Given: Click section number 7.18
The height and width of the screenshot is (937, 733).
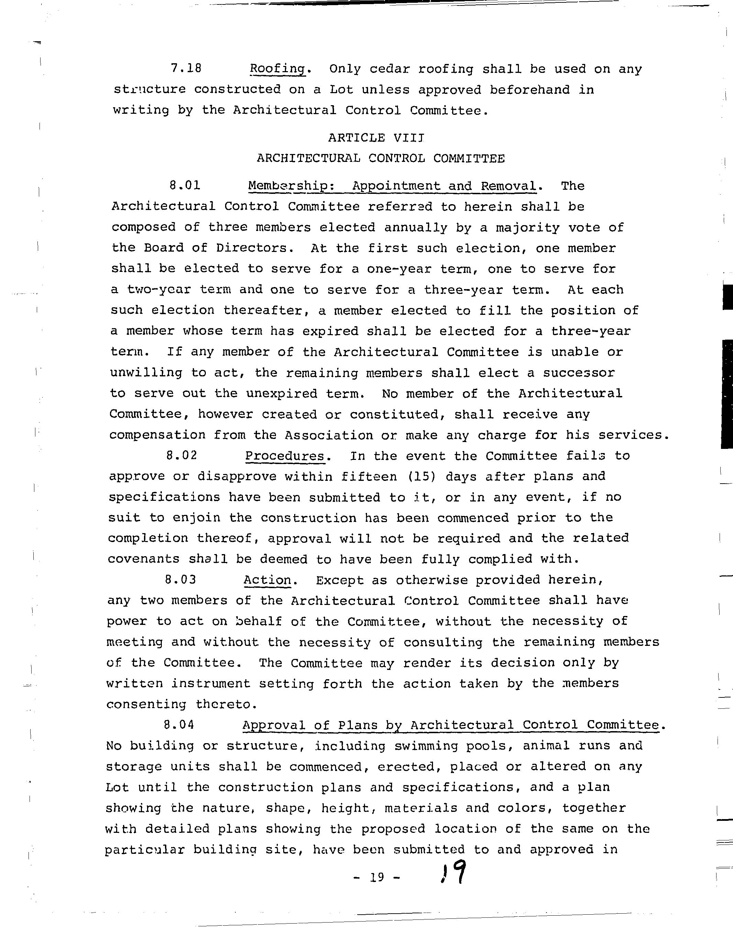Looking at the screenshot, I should click(186, 69).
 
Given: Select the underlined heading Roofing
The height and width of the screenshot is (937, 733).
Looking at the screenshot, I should click(278, 69).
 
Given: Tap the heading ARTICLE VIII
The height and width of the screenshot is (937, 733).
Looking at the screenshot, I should click(376, 138).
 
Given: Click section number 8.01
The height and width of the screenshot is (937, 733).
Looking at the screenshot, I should click(185, 186).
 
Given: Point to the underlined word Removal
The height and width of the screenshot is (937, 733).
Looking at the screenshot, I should click(508, 186).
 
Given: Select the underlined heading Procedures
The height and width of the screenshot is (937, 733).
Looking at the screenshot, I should click(285, 455).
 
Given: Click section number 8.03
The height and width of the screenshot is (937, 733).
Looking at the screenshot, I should click(180, 580).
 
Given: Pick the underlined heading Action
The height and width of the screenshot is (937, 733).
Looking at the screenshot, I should click(267, 580).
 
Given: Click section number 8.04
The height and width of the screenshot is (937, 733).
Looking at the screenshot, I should click(179, 725).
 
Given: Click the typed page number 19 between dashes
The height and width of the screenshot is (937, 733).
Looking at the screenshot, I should click(376, 877).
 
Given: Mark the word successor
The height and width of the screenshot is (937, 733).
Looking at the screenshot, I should click(579, 373).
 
